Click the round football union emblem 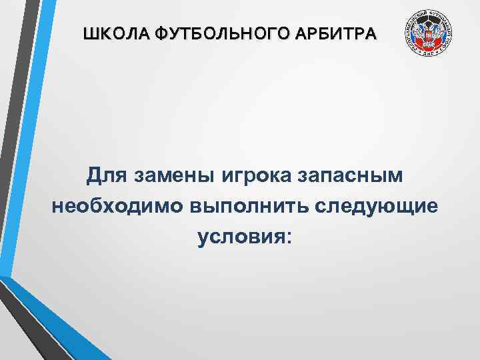[x=429, y=35]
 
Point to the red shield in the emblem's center [x=429, y=39]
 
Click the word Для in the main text [x=102, y=176]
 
